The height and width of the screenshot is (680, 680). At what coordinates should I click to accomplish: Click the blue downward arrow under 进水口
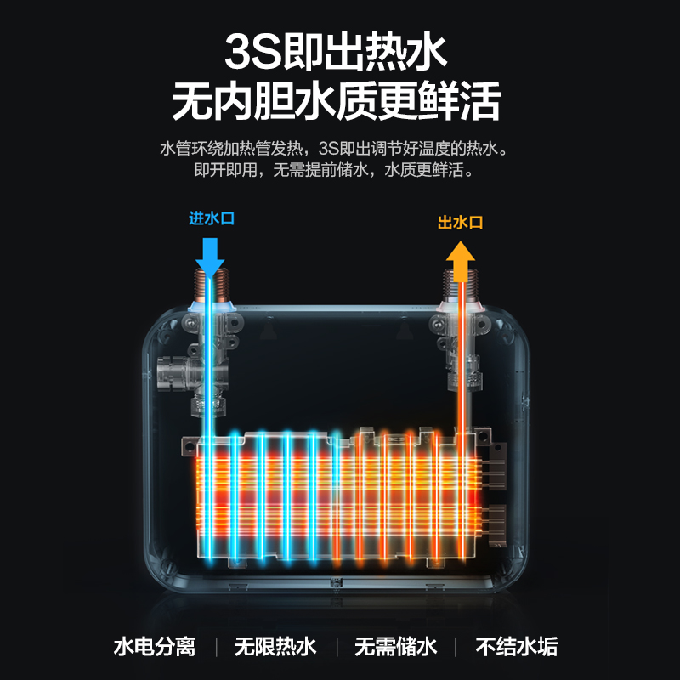pos(209,252)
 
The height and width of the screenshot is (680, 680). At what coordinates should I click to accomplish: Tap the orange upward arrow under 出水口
pos(461,259)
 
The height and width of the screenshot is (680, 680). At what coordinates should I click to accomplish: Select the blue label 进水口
pos(211,218)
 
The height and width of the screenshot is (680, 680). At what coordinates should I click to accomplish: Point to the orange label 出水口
pos(460,223)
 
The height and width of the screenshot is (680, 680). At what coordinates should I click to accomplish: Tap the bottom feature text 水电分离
pos(155,647)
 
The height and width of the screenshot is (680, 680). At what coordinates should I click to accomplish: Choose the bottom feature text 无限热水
pos(275,647)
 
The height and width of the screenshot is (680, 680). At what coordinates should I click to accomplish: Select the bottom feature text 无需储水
pos(396,647)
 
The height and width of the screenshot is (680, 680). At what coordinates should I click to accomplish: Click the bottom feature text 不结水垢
pos(517,647)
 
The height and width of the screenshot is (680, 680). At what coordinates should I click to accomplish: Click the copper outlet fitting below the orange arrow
pos(461,290)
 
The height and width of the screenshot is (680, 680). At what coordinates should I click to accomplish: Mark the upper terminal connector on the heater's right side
pos(497,469)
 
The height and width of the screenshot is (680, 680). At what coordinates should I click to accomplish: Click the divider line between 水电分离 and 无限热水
pos(216,647)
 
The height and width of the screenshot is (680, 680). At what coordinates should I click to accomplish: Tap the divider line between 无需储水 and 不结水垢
pos(456,647)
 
